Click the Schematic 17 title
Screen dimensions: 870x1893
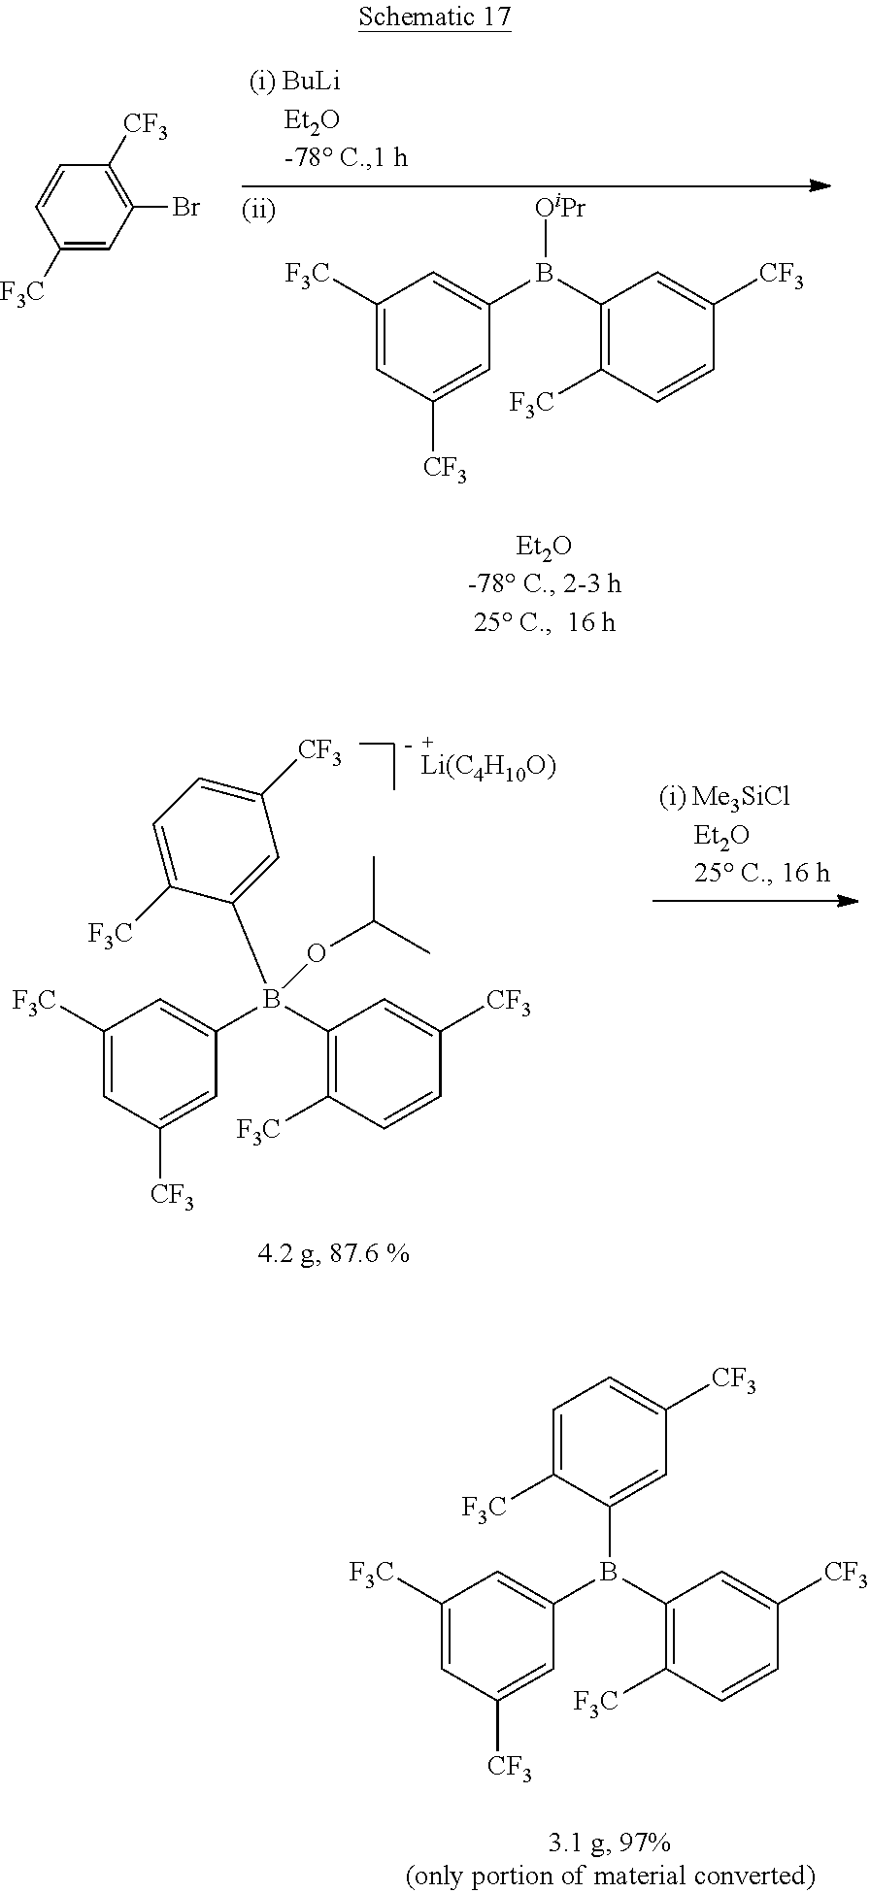click(434, 17)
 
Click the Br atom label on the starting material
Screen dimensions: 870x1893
click(185, 207)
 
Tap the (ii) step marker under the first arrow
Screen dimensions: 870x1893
click(258, 211)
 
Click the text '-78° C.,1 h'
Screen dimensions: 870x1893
click(345, 157)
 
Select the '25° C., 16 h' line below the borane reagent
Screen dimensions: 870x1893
click(544, 622)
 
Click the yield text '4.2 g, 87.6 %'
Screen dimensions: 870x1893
click(333, 1253)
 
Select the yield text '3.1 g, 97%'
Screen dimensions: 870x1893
click(610, 1842)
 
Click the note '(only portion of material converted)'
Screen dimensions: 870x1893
click(610, 1875)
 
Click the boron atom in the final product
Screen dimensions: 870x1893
click(609, 1572)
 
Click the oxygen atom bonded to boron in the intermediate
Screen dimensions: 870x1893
click(316, 953)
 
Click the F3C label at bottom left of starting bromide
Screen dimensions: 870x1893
click(22, 292)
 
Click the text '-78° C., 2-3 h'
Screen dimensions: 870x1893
click(544, 583)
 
